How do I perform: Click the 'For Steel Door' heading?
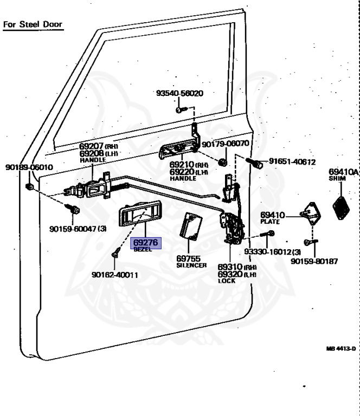pos(33,24)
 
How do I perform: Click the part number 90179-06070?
pos(225,144)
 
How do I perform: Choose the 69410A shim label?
pos(344,172)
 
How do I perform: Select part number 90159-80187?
pos(314,261)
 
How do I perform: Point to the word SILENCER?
pos(191,265)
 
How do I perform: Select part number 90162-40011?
pos(115,274)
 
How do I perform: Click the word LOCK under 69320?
pos(227,281)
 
